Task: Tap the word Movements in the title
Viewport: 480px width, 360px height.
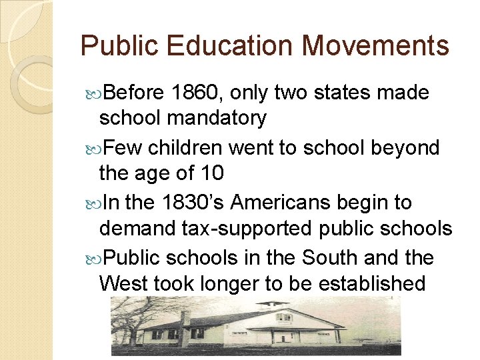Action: (376, 46)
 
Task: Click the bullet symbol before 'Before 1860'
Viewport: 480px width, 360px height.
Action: (92, 93)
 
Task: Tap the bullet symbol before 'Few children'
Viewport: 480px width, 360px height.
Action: (92, 147)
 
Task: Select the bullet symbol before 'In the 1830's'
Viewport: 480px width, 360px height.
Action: (92, 202)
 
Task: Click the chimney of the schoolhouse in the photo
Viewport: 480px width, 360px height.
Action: (185, 319)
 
